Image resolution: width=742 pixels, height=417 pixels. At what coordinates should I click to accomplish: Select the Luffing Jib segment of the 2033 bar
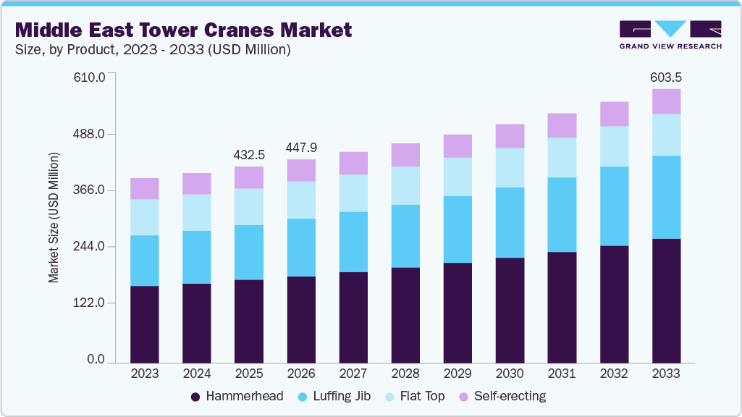(x=666, y=197)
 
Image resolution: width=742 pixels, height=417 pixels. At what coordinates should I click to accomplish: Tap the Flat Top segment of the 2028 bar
(x=405, y=185)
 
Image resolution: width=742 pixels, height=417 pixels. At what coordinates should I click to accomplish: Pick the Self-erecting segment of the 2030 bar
(x=510, y=136)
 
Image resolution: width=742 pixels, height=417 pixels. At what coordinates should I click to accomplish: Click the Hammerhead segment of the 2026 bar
(x=301, y=319)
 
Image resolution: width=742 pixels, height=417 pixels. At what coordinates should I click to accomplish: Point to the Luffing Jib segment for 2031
(x=562, y=214)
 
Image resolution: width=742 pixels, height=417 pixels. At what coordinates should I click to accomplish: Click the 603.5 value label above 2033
(x=666, y=77)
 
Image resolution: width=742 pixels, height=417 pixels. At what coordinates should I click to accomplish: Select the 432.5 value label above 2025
(x=249, y=155)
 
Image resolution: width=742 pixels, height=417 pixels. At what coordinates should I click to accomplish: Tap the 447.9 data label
(x=301, y=148)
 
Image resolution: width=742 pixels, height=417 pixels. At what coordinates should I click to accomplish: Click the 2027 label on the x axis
(x=353, y=374)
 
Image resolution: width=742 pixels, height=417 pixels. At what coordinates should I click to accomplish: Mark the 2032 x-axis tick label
(x=614, y=374)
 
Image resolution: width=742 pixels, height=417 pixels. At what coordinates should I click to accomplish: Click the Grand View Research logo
(x=670, y=34)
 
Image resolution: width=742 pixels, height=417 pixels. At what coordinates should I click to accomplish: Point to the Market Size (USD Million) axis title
(x=54, y=217)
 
